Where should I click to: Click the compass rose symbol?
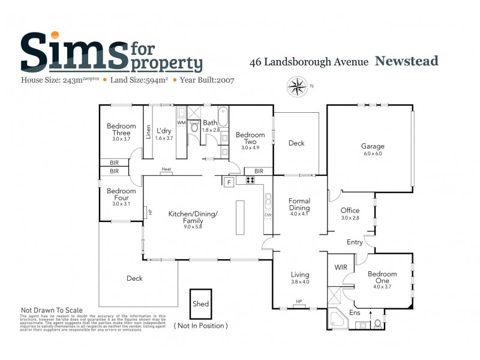click(x=296, y=87)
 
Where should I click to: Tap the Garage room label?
click(x=372, y=146)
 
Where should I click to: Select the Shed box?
click(x=201, y=304)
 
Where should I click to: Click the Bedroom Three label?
click(x=121, y=129)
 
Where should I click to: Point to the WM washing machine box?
click(x=181, y=122)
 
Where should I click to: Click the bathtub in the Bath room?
click(x=223, y=116)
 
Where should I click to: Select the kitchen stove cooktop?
click(x=250, y=180)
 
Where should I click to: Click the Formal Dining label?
click(x=299, y=202)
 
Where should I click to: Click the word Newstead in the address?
click(x=407, y=61)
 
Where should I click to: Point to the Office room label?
click(x=350, y=211)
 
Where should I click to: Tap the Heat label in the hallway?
click(x=166, y=170)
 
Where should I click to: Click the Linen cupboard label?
click(x=149, y=132)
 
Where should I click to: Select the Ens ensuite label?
click(x=355, y=313)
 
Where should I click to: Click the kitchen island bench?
click(x=241, y=217)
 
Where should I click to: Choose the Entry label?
click(x=355, y=242)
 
